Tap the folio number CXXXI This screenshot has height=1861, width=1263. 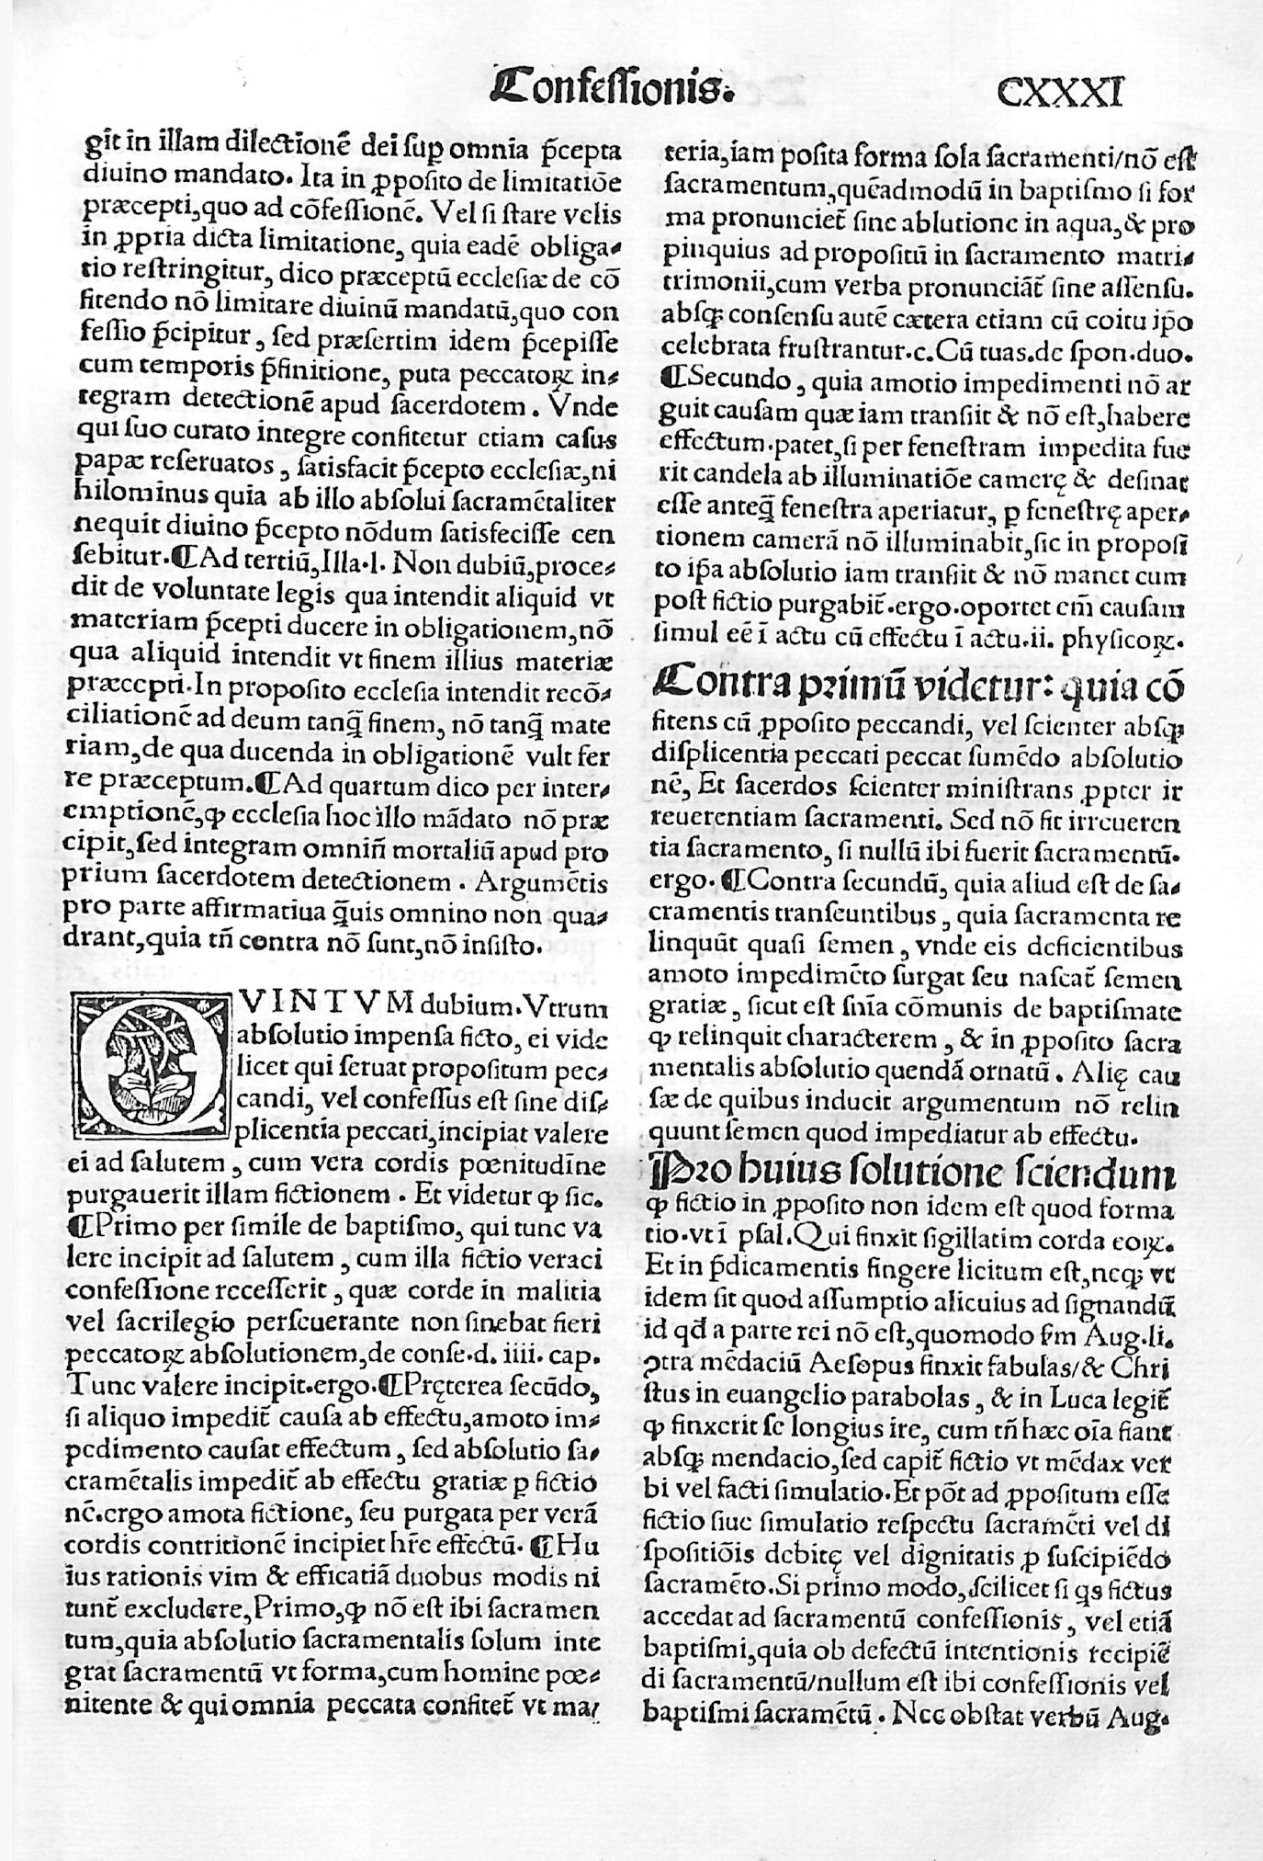1059,93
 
